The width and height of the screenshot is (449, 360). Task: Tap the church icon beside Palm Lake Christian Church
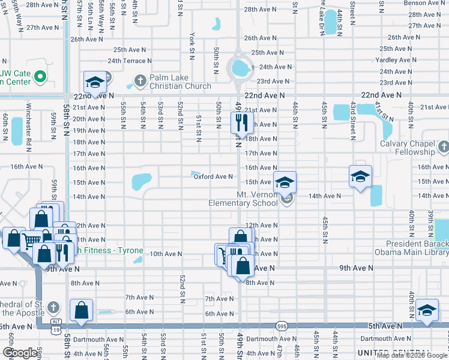tap(140, 80)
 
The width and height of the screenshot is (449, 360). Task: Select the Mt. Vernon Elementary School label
tap(243, 199)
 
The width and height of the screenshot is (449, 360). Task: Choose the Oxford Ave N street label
tap(212, 176)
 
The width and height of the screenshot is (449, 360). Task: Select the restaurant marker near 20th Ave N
tap(240, 123)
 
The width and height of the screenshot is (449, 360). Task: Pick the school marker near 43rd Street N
tap(360, 176)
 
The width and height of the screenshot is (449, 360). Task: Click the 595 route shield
tap(282, 326)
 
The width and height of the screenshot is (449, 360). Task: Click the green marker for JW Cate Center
tap(40, 76)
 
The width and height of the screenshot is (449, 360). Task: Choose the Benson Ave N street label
tap(422, 3)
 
